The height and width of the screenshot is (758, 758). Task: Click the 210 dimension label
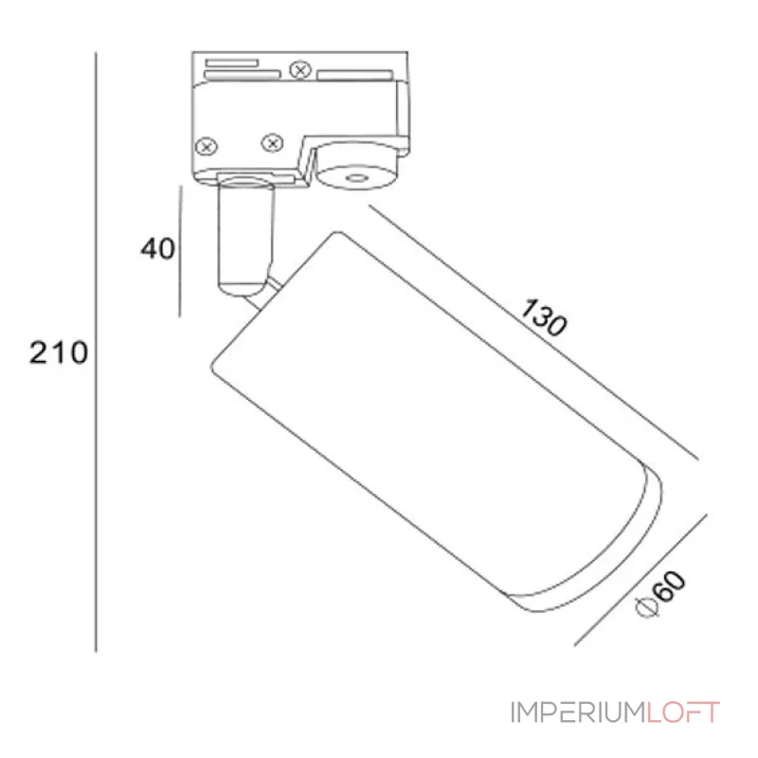click(59, 352)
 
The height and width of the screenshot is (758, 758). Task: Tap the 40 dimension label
click(157, 249)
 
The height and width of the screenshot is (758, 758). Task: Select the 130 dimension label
click(543, 317)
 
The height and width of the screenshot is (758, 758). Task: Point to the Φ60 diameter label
click(660, 594)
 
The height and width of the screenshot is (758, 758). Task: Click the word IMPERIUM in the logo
click(578, 713)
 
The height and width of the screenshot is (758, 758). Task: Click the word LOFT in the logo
click(683, 713)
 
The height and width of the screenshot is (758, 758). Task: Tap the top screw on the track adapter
click(300, 70)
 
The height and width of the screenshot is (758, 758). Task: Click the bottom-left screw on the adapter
click(207, 146)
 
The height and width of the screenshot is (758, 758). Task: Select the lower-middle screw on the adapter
click(272, 143)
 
